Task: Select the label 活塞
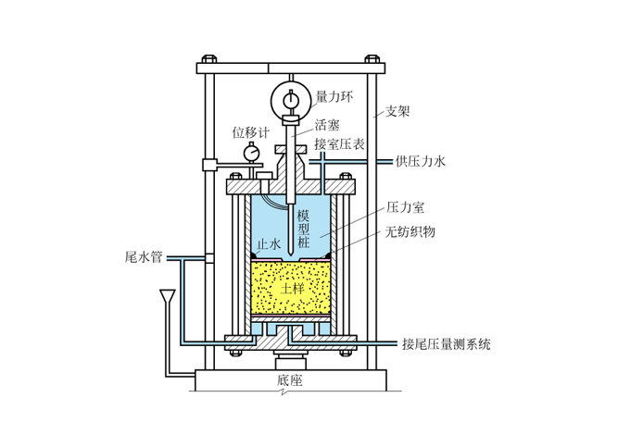click(x=326, y=123)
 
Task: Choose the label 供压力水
click(x=420, y=161)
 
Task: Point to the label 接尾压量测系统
click(x=446, y=344)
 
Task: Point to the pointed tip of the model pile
click(x=291, y=253)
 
